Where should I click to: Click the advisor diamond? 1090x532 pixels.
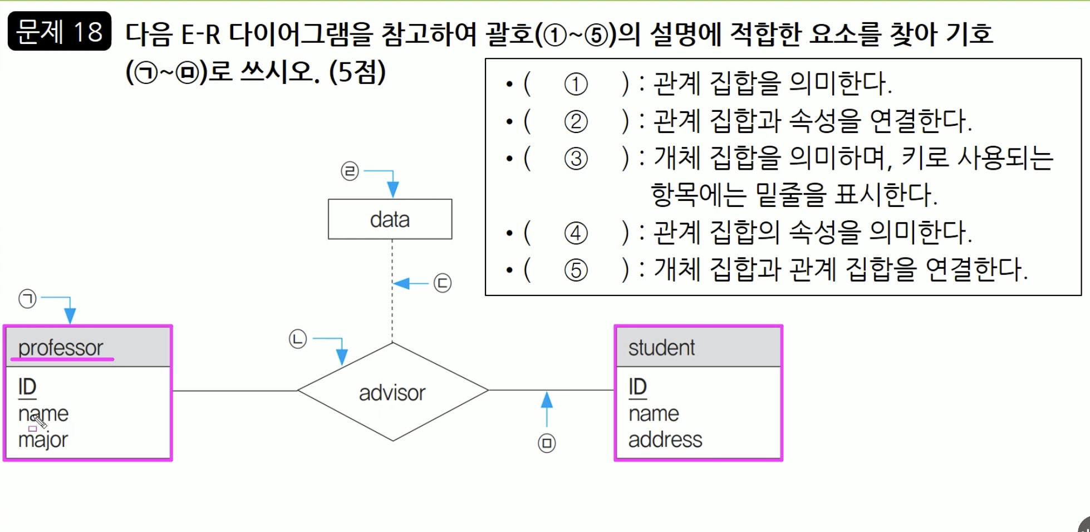click(x=392, y=392)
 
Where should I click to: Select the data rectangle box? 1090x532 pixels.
click(x=390, y=219)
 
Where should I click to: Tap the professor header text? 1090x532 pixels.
click(x=61, y=348)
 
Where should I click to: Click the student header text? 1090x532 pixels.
click(x=661, y=348)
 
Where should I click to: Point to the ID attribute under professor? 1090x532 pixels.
click(x=27, y=387)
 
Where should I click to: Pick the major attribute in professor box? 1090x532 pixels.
click(x=43, y=440)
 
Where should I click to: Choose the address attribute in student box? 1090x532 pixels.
click(x=665, y=440)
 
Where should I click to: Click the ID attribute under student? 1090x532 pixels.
click(x=637, y=387)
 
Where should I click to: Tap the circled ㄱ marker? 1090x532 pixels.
click(x=27, y=299)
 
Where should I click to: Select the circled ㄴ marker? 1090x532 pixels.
click(x=298, y=338)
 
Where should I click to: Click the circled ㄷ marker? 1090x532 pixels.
click(x=443, y=283)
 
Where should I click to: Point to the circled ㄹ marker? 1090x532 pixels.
click(x=350, y=171)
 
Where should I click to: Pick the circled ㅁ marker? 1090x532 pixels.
click(x=547, y=443)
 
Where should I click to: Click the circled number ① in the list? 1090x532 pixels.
click(x=576, y=84)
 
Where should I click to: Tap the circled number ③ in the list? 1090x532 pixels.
click(x=576, y=159)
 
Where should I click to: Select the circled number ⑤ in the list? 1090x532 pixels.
click(x=576, y=270)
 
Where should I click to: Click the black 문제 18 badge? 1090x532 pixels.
click(x=60, y=31)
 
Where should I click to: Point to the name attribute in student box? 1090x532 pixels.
click(x=654, y=413)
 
